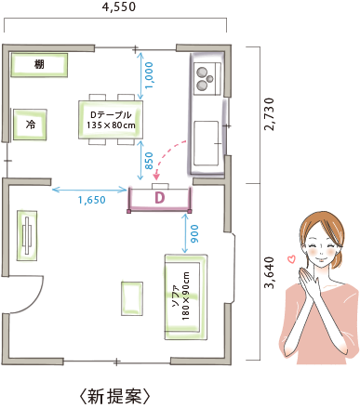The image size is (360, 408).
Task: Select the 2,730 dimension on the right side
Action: click(x=269, y=112)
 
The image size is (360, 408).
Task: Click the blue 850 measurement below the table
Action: click(x=149, y=161)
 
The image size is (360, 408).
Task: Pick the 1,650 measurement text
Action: click(x=91, y=200)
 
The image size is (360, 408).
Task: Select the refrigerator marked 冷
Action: click(x=31, y=124)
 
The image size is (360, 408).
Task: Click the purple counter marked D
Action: click(x=159, y=198)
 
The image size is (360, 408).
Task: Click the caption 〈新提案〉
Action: click(x=114, y=396)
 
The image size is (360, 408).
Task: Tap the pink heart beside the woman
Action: click(x=289, y=258)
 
